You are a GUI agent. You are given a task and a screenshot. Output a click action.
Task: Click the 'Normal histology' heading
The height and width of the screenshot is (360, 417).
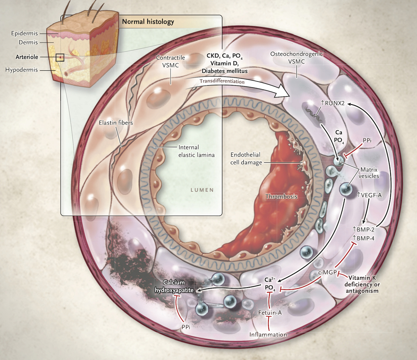point(148,22)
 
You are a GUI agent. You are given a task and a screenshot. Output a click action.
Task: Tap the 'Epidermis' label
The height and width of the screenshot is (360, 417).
point(24,33)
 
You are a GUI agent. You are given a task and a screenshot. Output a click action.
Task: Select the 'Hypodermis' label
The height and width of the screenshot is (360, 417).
point(22,70)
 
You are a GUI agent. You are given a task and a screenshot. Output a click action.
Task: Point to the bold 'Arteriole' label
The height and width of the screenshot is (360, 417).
point(27,57)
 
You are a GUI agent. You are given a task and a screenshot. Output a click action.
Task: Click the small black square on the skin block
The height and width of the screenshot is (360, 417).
point(60,58)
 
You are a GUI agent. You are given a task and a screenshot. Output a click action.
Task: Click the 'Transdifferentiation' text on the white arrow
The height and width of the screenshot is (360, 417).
point(222,81)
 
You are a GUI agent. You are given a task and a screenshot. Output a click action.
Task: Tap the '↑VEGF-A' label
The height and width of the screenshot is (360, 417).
point(369,195)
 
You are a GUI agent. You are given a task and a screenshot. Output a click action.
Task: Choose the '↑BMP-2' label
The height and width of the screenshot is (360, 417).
point(363,229)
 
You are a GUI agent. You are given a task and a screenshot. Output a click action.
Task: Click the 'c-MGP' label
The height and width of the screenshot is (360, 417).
point(327,272)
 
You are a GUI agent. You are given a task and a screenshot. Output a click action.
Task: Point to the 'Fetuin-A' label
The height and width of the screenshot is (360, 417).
point(270,313)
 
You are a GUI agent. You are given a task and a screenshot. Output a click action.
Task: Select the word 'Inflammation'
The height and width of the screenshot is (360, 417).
point(268,334)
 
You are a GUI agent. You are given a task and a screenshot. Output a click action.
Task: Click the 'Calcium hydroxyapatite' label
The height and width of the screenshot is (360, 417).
point(174,286)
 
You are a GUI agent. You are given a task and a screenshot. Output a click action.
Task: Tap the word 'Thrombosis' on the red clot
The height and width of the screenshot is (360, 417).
point(281,196)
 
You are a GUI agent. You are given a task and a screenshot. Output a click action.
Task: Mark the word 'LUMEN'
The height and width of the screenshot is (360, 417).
point(202,190)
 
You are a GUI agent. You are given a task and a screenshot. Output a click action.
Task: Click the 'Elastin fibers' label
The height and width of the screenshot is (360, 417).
point(116,123)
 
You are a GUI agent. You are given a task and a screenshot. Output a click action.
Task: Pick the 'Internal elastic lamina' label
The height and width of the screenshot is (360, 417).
point(197,151)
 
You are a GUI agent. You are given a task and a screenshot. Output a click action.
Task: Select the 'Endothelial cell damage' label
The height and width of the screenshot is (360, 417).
point(246,158)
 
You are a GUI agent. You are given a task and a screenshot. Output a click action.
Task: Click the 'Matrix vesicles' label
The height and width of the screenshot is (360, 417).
point(370,173)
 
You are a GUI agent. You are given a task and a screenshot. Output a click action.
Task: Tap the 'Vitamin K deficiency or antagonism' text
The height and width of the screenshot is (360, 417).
point(362,284)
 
